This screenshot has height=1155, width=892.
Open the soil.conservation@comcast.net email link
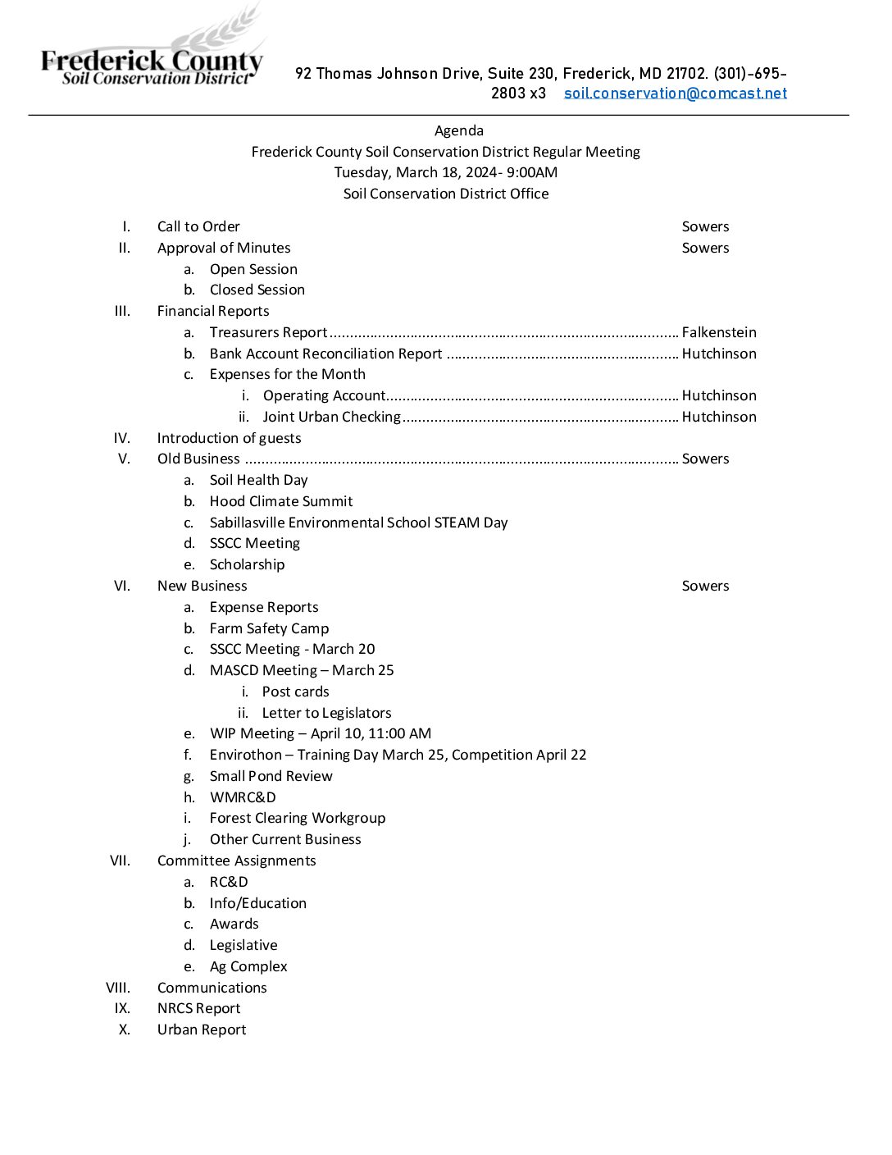pos(675,94)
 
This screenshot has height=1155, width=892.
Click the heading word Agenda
pos(458,130)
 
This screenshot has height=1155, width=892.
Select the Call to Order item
pos(198,226)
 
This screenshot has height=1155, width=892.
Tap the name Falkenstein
pos(719,332)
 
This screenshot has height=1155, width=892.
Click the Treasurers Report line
pos(268,332)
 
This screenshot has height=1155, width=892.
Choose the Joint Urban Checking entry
pos(331,417)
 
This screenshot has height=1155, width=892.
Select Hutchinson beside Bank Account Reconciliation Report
pos(719,354)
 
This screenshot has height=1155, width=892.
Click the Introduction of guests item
pos(229,438)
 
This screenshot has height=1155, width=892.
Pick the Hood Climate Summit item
pos(281,501)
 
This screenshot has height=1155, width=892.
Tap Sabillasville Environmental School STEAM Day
pos(358,523)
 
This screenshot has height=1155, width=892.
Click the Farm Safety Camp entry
pos(269,628)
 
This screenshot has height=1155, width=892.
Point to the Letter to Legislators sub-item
pos(326,713)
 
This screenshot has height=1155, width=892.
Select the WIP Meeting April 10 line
pos(320,733)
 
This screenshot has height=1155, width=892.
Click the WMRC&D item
pos(243,797)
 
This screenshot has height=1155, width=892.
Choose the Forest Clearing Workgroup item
pos(297,818)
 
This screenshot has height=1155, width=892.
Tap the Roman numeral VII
pos(120,861)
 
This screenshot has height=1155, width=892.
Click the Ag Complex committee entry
pos(248,966)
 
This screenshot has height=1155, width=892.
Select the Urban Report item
pos(202,1029)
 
